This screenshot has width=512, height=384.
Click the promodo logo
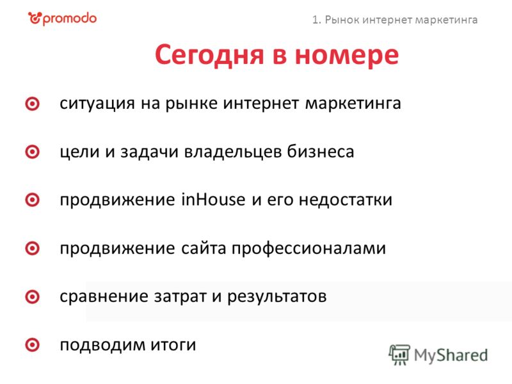[62, 19]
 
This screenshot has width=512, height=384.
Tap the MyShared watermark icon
[399, 355]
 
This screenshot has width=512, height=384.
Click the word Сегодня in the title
[209, 54]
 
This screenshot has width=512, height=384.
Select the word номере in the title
[347, 55]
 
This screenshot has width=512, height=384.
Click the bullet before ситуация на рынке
[33, 104]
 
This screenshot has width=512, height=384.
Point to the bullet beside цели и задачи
[33, 152]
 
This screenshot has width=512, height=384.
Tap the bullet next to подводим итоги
[33, 345]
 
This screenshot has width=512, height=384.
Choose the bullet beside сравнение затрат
[33, 297]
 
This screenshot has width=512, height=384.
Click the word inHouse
[213, 199]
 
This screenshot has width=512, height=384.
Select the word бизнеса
[321, 152]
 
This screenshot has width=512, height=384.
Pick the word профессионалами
[309, 249]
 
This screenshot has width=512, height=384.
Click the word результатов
[277, 297]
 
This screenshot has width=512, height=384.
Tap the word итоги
[173, 345]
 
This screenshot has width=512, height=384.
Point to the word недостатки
[346, 200]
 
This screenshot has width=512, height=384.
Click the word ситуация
[97, 104]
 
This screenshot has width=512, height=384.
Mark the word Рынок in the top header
[342, 20]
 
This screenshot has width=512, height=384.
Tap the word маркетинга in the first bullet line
[353, 104]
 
